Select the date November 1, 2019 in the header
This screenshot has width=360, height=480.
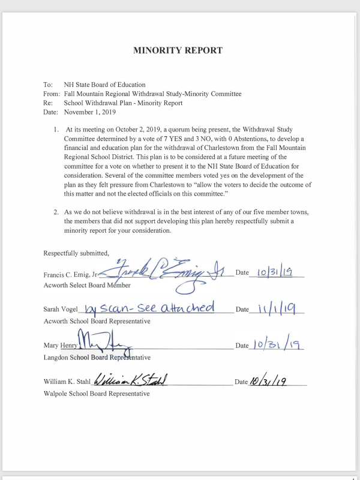(90, 112)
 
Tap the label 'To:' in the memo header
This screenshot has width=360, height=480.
(48, 85)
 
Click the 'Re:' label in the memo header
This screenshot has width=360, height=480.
(48, 103)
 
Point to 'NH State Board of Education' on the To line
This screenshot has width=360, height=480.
(104, 85)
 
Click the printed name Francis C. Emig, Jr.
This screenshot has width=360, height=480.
(70, 274)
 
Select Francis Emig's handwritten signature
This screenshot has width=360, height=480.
(168, 273)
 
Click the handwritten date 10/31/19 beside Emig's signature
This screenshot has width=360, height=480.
(274, 272)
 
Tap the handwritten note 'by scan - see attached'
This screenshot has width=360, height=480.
(150, 308)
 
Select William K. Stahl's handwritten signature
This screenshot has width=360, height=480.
(130, 380)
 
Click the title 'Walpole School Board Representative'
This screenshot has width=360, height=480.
(97, 394)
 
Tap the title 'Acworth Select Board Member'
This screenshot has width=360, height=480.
(87, 285)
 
